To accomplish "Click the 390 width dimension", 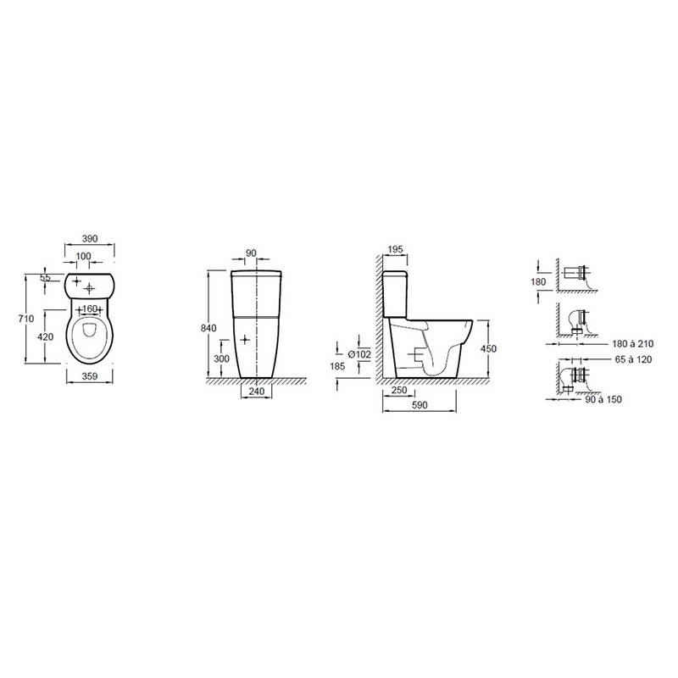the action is point(90,239).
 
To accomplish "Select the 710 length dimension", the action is point(26,319).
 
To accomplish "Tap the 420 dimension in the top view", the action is point(46,336).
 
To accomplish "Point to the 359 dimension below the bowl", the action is point(90,376).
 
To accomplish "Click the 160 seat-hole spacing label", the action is point(90,308).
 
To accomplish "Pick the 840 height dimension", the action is point(208,328).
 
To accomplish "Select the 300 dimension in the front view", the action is point(221,358).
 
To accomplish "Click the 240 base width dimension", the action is point(257,392).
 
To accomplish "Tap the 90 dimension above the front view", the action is point(251,253).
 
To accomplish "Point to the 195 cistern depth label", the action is point(395,249).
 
